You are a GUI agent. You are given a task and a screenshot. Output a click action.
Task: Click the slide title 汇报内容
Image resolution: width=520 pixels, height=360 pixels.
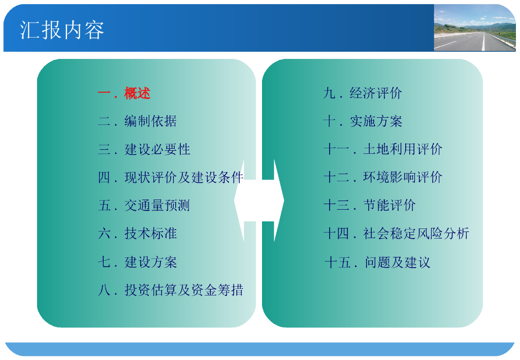[x=62, y=30]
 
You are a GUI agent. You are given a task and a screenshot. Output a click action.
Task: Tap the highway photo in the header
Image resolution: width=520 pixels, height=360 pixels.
[x=475, y=28]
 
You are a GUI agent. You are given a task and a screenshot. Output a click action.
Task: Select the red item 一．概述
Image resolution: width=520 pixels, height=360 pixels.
[x=124, y=93]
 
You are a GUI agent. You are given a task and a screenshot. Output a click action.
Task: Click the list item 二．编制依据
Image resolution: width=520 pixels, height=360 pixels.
[x=137, y=121]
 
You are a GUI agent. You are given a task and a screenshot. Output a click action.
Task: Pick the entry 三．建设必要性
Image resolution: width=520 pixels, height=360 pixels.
[x=144, y=149]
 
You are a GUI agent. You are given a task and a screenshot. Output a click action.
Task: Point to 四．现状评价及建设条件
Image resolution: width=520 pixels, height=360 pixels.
[x=171, y=177]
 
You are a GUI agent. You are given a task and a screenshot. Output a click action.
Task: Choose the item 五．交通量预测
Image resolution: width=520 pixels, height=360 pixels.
[x=144, y=206]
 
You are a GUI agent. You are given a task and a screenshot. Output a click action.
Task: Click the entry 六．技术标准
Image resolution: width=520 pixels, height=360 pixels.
[x=137, y=234]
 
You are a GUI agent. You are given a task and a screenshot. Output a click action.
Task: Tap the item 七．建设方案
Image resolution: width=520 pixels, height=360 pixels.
[x=137, y=262]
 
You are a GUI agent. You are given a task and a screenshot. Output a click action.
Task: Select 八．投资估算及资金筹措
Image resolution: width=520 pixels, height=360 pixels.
[x=171, y=290]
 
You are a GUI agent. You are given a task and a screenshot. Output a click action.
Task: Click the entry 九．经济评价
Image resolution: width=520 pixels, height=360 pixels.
[x=363, y=93]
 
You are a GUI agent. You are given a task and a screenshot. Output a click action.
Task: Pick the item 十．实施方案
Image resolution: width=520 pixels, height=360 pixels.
[x=363, y=121]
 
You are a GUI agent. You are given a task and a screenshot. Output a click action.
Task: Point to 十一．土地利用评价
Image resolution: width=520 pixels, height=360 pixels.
[x=383, y=149]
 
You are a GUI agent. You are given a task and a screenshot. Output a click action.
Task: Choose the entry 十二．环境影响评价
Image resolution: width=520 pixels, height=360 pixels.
[x=383, y=177]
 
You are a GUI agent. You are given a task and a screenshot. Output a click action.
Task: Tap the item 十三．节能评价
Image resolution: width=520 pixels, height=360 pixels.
[x=370, y=205]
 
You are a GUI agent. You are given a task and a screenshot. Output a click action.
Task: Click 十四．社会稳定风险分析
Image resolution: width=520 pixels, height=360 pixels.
[x=396, y=234]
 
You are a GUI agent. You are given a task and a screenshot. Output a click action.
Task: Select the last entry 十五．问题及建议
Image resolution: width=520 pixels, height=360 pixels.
[x=377, y=262]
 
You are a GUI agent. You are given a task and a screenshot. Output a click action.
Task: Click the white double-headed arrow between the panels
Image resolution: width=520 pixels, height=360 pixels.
[x=259, y=201]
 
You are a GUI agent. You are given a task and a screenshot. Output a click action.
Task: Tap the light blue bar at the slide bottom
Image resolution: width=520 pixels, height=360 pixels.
[x=259, y=349]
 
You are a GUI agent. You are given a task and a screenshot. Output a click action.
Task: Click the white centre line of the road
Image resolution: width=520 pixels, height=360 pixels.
[x=483, y=42]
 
